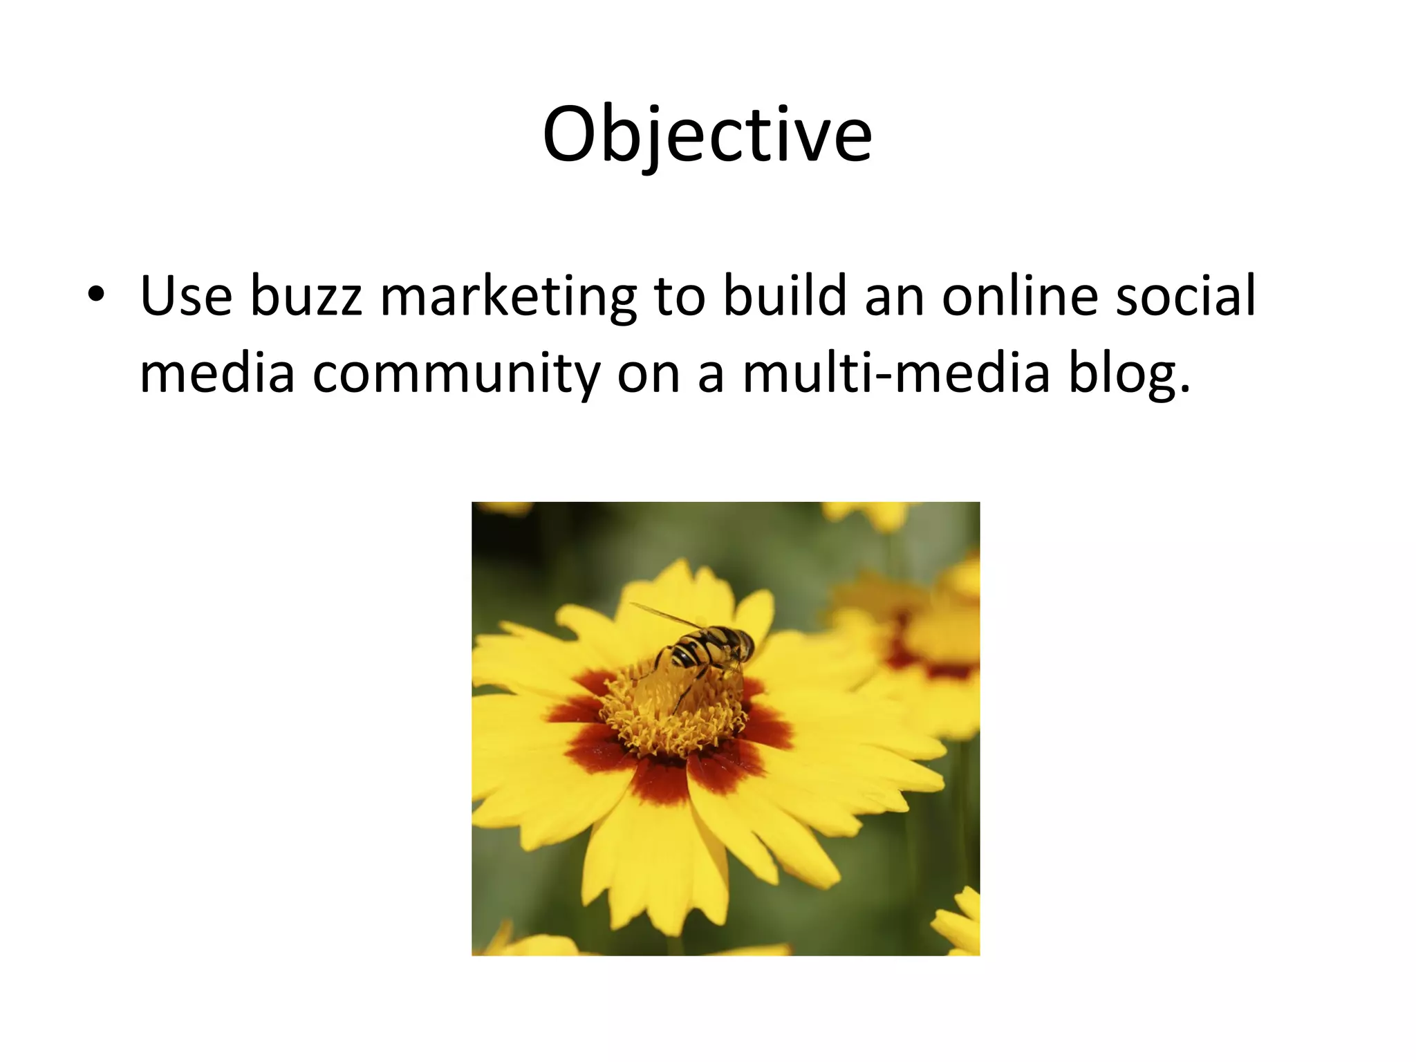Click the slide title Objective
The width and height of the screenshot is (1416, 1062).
tap(707, 136)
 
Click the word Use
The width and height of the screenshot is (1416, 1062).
tap(186, 296)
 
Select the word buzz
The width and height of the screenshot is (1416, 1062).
tap(306, 296)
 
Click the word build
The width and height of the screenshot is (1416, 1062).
tap(785, 296)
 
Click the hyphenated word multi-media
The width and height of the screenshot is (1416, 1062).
tap(896, 373)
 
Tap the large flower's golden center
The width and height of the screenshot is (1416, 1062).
tap(674, 716)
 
